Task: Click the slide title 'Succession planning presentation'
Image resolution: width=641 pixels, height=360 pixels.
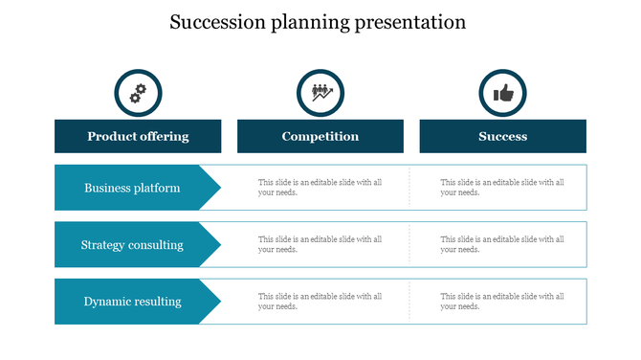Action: [318, 22]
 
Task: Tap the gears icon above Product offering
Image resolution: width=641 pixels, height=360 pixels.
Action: [138, 93]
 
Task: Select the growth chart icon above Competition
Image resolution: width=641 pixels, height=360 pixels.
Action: [320, 93]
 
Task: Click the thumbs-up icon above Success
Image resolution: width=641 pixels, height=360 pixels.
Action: [502, 93]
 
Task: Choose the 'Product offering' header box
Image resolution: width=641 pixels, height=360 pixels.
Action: [138, 136]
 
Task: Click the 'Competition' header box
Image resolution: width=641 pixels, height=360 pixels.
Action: [320, 136]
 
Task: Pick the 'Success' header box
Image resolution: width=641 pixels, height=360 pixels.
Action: [502, 136]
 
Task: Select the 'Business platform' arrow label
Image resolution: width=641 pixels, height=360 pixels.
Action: [132, 188]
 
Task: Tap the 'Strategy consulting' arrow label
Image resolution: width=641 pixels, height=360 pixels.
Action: [132, 245]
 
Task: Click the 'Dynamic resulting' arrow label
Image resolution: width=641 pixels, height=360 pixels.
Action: [132, 302]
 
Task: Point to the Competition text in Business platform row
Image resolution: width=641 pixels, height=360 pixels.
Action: [320, 188]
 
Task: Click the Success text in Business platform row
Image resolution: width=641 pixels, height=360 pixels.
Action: [501, 188]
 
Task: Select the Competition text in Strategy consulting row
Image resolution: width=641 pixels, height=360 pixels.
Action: [320, 245]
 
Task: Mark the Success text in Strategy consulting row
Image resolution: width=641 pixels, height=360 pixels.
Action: [501, 245]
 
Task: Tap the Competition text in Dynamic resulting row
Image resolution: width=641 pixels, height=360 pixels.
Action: [320, 302]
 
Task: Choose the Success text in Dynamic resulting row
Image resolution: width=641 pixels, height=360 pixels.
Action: [501, 302]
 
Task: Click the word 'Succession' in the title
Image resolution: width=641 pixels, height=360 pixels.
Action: [212, 22]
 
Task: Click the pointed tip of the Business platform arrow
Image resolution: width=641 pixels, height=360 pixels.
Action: [219, 188]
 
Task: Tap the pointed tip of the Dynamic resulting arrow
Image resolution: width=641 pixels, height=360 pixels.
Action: [219, 302]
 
